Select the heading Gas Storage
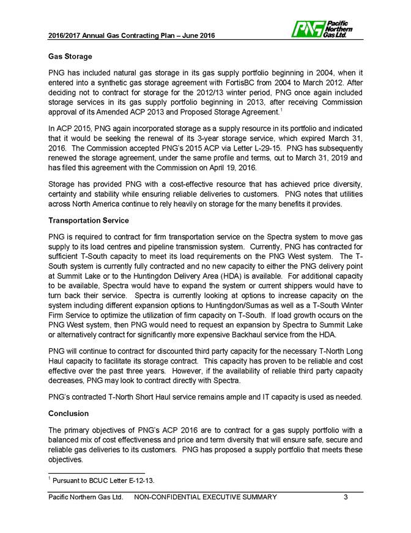click(x=70, y=56)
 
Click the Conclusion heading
click(x=69, y=414)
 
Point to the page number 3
click(x=346, y=496)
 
